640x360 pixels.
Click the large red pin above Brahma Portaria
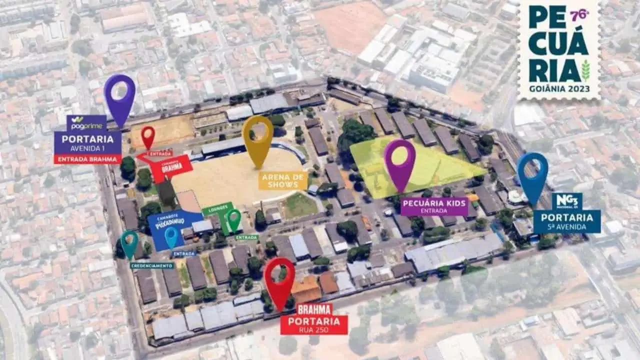tap(279, 280)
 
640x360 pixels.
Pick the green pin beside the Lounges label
tap(234, 219)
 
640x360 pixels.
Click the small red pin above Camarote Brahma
tap(147, 136)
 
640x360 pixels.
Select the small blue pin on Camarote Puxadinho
tap(171, 236)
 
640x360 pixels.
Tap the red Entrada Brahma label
tap(87, 159)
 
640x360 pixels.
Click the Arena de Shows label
tap(283, 181)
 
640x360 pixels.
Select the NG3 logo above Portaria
tap(567, 200)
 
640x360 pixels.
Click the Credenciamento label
tap(152, 265)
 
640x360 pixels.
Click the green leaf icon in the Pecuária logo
tap(585, 70)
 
